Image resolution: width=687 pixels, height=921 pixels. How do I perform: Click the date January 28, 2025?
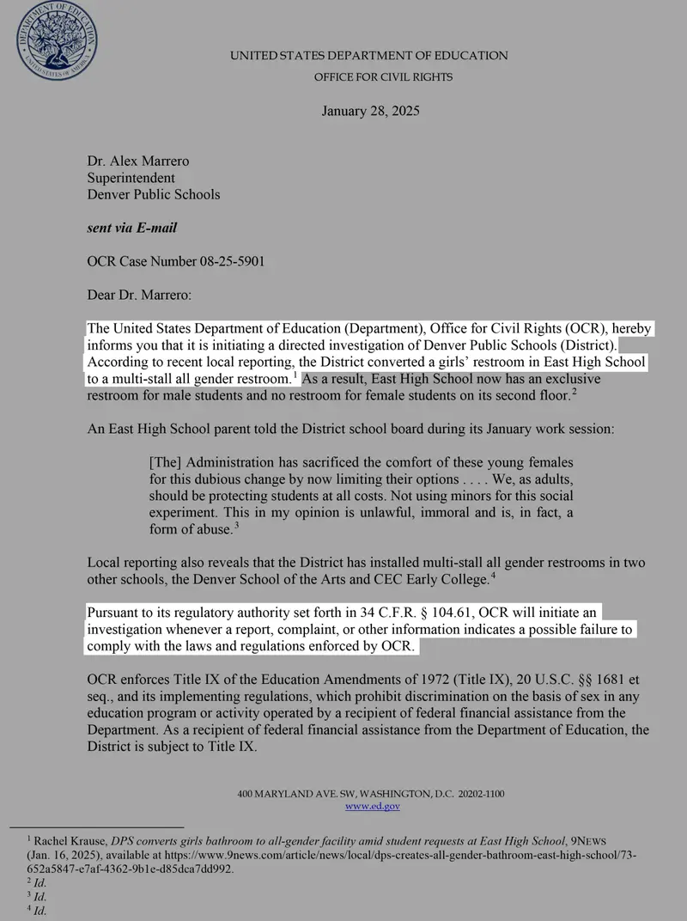click(x=370, y=111)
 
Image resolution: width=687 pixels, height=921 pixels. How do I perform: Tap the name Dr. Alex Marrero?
click(x=138, y=161)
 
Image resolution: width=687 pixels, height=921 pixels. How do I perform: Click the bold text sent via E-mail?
click(x=132, y=228)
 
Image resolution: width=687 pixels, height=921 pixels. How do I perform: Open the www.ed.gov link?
click(x=372, y=806)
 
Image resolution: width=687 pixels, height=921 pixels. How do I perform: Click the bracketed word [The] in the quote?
click(x=164, y=463)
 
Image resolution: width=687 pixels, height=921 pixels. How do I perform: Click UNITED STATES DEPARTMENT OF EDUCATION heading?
click(x=369, y=56)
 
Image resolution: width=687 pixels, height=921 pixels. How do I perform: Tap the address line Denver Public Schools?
click(x=154, y=194)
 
